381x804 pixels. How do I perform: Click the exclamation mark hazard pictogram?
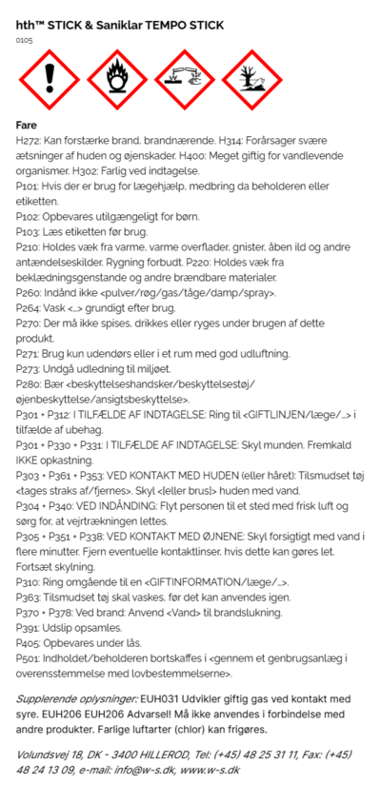48,81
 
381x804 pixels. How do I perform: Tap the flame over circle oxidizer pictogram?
115,81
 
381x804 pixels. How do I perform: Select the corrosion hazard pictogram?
183,81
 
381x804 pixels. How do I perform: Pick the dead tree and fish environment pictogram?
251,81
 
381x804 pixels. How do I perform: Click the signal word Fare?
28,125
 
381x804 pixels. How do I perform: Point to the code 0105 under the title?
25,41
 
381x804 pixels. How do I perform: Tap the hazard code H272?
30,140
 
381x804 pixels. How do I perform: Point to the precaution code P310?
30,580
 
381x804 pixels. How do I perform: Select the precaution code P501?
30,658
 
